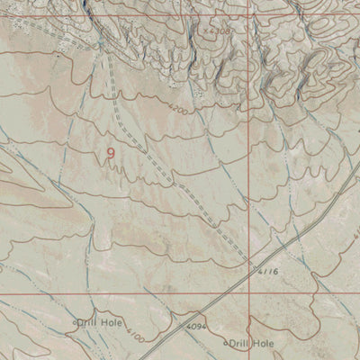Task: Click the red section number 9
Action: [111, 154]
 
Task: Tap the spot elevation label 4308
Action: [220, 31]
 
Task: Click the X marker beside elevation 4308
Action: [206, 30]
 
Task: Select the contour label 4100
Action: [136, 336]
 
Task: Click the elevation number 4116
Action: [267, 270]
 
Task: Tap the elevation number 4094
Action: [197, 323]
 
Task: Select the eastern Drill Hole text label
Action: [251, 343]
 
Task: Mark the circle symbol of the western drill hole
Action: [75, 321]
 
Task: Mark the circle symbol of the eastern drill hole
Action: [225, 343]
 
